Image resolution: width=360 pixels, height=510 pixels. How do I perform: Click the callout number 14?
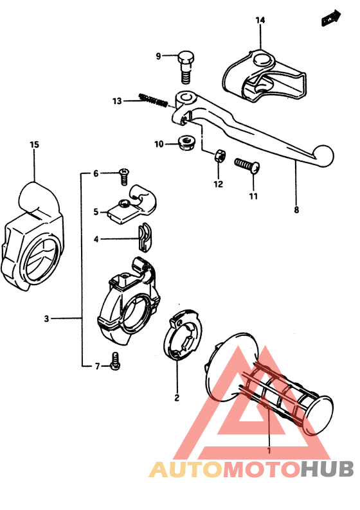pyautogui.click(x=260, y=21)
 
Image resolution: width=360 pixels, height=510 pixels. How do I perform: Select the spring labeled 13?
pyautogui.click(x=154, y=100)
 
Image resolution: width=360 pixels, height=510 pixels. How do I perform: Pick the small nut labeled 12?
pyautogui.click(x=219, y=155)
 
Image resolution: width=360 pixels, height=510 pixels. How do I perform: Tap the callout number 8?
pyautogui.click(x=296, y=209)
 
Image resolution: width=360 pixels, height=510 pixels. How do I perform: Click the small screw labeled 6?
pyautogui.click(x=123, y=173)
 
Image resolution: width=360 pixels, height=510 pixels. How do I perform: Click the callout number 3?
pyautogui.click(x=46, y=319)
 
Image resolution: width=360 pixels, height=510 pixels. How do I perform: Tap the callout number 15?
pyautogui.click(x=35, y=145)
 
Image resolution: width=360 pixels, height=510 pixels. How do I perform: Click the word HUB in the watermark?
pyautogui.click(x=326, y=470)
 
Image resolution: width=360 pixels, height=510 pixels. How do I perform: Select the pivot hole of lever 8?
pyautogui.click(x=187, y=98)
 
